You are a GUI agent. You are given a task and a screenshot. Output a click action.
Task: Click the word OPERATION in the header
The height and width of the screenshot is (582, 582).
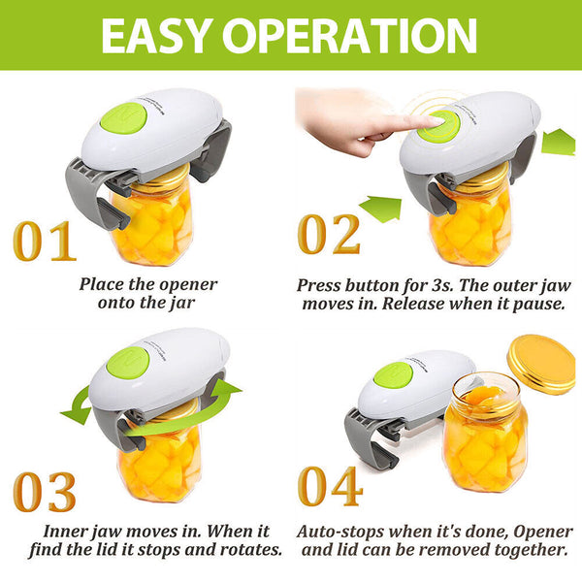coord(349,36)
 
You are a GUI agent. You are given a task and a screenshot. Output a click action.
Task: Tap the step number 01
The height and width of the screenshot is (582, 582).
coord(45,241)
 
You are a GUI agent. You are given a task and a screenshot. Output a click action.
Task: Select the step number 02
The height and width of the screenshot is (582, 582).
coord(329,235)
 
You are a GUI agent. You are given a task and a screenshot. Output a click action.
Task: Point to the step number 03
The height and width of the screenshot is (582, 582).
coord(45,492)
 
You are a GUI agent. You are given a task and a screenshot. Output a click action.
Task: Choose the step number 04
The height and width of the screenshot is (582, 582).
coord(330,486)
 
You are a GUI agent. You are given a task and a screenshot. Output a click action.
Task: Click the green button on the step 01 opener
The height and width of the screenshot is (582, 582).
coord(123,118)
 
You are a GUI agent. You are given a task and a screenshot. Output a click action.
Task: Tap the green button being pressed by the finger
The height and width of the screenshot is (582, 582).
coord(438,126)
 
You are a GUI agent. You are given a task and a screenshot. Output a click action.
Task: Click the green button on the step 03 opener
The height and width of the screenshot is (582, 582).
coord(128,362)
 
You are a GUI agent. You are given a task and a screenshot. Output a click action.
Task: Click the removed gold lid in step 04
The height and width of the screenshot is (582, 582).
coord(541,364)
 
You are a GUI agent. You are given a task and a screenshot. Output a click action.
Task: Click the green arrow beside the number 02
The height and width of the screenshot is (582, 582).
coord(381,209)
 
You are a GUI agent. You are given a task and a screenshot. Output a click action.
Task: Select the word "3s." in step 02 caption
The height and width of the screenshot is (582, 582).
coord(443,285)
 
